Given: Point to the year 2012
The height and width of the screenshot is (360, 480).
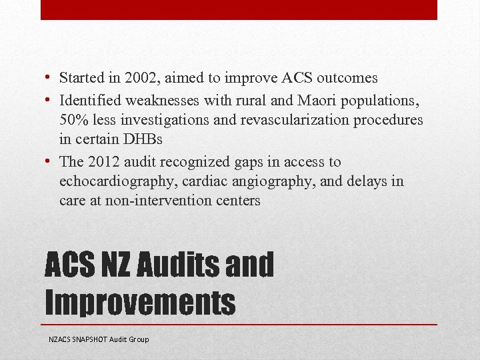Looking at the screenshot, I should pos(101,162).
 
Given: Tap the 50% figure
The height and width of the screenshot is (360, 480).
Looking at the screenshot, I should pos(73,120).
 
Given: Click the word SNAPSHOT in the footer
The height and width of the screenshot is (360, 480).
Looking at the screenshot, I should pos(90,339).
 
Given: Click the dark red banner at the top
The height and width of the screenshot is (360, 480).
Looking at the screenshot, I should pos(239,9).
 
